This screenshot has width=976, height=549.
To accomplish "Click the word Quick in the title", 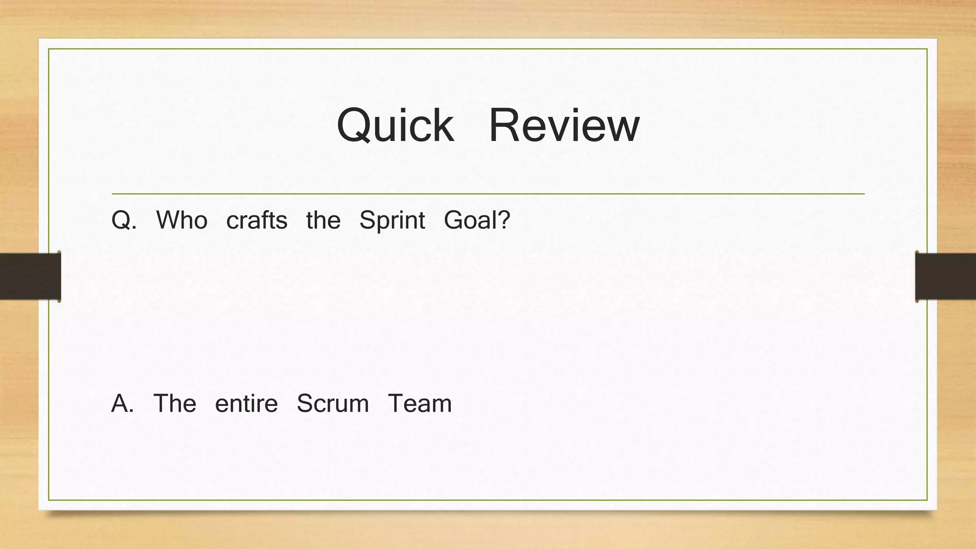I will point(395,125).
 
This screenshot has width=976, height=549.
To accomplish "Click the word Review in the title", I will point(564,125).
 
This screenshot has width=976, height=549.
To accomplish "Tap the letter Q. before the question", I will point(123,221).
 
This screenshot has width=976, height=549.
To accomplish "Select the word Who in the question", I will point(182,221).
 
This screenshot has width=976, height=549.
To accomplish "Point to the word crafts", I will point(257,221).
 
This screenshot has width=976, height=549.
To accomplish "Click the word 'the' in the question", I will point(323,221).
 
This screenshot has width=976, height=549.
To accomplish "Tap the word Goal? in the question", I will point(477,221).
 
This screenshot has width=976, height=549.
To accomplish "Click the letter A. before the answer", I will point(122,404).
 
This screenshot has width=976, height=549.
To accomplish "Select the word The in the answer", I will point(174,404).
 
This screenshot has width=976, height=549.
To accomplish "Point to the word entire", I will point(246,404).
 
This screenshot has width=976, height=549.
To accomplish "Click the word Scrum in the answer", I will point(333,404).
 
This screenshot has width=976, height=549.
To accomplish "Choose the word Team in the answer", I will point(419,404).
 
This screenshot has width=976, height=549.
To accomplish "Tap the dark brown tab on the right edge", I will point(945,276).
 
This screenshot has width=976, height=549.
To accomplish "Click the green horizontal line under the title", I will point(488,194).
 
